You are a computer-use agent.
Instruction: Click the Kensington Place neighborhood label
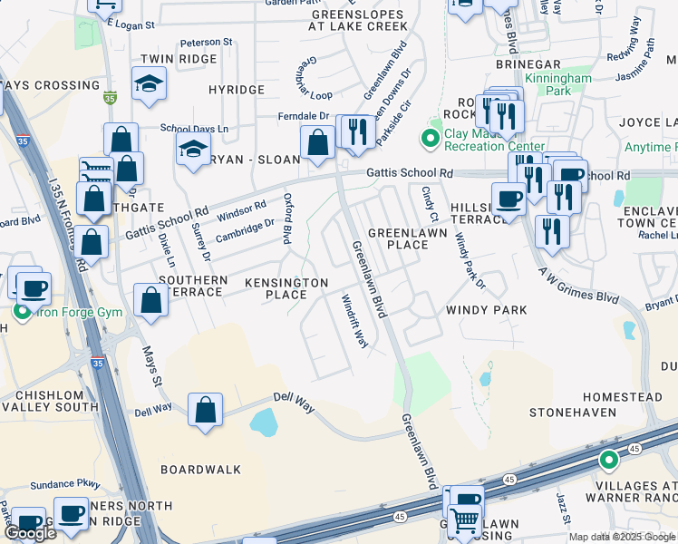(286, 288)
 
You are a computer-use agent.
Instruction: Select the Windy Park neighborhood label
(486, 310)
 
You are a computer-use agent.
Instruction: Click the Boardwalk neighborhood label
(201, 470)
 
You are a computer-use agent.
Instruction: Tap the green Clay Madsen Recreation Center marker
(430, 139)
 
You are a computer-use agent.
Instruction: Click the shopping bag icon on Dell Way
(207, 408)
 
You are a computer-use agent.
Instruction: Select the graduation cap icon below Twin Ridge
(145, 84)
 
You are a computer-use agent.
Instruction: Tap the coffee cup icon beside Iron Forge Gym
(34, 288)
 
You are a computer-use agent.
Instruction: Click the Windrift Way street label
(354, 321)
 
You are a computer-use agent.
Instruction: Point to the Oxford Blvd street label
(287, 219)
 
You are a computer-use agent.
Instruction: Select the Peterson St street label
(206, 42)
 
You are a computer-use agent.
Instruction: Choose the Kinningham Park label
(547, 85)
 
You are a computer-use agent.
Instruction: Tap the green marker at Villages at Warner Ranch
(608, 461)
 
